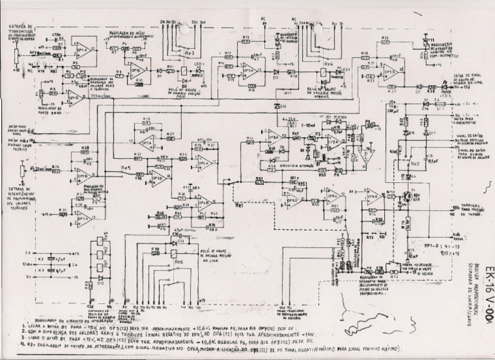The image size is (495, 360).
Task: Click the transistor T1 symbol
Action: tap(407, 196)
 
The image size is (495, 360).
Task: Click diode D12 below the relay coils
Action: tap(100, 278)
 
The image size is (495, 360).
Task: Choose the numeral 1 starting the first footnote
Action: tap(24, 327)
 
